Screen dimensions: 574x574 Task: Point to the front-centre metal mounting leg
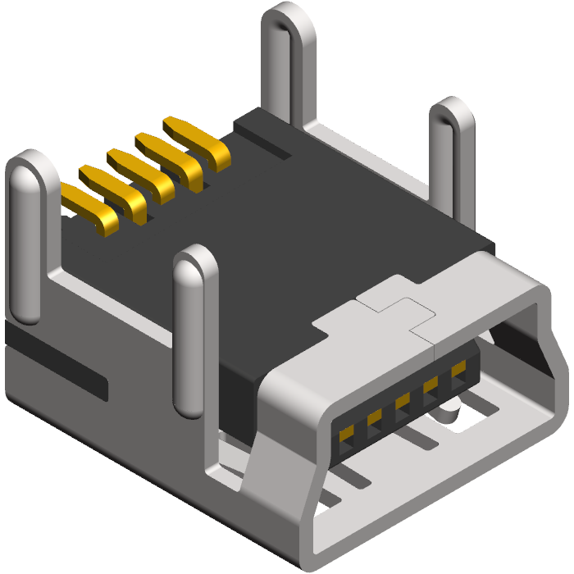pos(195,328)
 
